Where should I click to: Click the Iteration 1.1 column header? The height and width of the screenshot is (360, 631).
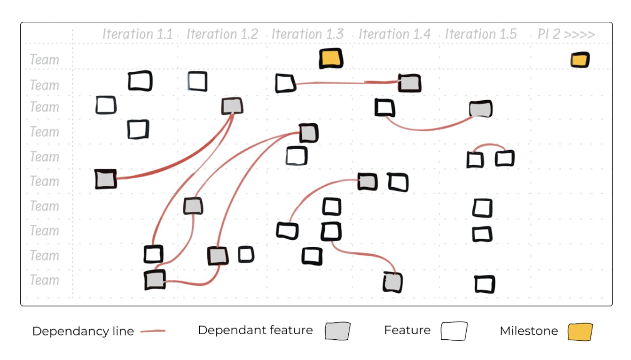pos(138,34)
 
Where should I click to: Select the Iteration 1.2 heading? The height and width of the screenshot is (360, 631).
pos(222,34)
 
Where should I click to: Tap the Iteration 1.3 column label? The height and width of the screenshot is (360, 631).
pos(307,34)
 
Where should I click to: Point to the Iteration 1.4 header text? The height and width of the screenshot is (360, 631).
pos(394,34)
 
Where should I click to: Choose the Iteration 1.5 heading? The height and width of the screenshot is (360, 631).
pos(481,34)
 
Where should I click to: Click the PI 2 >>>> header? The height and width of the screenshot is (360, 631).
pos(566,35)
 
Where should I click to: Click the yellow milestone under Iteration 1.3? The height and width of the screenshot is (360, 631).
pos(331,59)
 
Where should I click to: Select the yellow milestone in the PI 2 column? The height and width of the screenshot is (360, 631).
pos(580,60)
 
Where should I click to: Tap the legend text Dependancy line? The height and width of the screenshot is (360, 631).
pos(83,332)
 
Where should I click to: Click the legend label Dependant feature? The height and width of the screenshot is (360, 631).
pos(255,331)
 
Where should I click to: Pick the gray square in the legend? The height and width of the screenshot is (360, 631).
pos(337,331)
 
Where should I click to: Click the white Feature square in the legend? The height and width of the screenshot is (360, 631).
pos(454,332)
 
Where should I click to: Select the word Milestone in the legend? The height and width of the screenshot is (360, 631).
pos(529,331)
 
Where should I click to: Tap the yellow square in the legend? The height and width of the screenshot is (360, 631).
pos(579,332)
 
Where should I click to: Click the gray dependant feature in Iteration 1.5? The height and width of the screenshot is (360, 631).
pos(480,109)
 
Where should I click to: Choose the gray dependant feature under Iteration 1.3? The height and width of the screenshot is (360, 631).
pos(308,133)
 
